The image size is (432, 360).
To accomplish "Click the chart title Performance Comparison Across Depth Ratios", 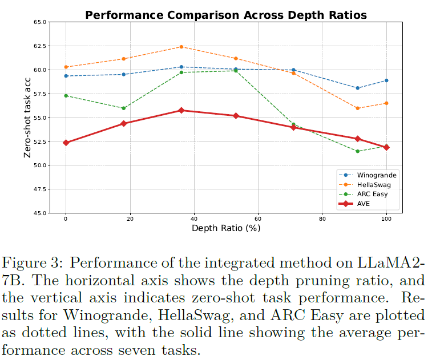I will pyautogui.click(x=225, y=15).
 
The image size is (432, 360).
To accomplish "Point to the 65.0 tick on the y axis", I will pyautogui.click(x=39, y=22).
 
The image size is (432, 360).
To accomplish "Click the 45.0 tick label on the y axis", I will pyautogui.click(x=39, y=213).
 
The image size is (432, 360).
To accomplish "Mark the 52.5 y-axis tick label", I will pyautogui.click(x=39, y=141).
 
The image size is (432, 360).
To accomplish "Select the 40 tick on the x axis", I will pyautogui.click(x=194, y=219).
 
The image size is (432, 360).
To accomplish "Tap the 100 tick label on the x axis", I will pyautogui.click(x=386, y=219).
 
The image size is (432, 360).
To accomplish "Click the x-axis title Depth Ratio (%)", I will pyautogui.click(x=226, y=228).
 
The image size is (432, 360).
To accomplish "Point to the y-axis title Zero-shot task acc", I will pyautogui.click(x=27, y=118).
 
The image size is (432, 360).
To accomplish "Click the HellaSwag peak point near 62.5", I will pyautogui.click(x=181, y=47).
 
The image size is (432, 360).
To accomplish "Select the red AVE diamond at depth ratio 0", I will pyautogui.click(x=66, y=143).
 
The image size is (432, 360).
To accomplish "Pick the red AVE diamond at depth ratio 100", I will pyautogui.click(x=386, y=147).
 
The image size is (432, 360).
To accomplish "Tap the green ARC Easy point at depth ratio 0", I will pyautogui.click(x=66, y=95).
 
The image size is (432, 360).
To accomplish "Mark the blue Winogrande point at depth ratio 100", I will pyautogui.click(x=386, y=80).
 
